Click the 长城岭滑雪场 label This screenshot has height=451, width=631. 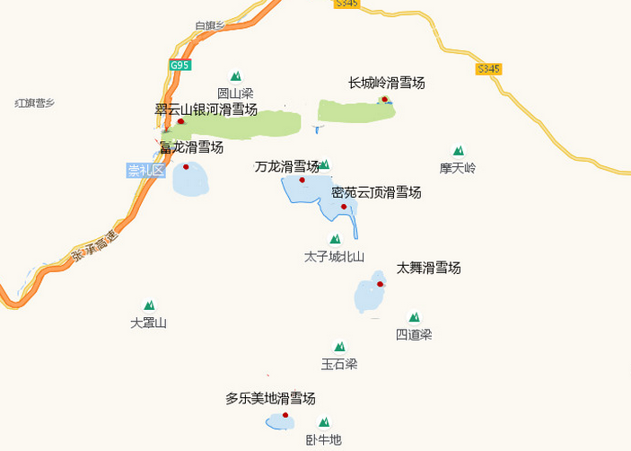click(386, 84)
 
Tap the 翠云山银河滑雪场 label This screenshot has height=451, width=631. click(206, 110)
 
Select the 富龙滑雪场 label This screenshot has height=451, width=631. click(191, 147)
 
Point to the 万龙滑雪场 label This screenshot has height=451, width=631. click(287, 166)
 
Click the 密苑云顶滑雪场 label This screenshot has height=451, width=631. click(376, 192)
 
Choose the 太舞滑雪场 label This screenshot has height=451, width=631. click(428, 268)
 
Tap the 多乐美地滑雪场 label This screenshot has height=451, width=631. click(270, 398)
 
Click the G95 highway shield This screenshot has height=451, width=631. click(180, 66)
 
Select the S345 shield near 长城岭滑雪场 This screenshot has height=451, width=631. click(489, 68)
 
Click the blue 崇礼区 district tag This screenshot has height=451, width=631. click(146, 171)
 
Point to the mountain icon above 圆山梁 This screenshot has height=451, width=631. click(236, 77)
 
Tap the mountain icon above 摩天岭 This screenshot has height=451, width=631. click(458, 151)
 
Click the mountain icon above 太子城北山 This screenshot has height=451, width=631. click(335, 239)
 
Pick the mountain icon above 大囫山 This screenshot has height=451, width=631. click(149, 305)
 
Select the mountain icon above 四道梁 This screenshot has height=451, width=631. click(414, 317)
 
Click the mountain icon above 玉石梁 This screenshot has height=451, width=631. click(339, 347)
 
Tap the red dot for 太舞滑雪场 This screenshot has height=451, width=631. click(381, 284)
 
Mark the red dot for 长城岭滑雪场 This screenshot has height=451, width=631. click(384, 99)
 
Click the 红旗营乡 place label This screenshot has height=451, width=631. click(35, 103)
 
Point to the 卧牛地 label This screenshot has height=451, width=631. click(323, 439)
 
